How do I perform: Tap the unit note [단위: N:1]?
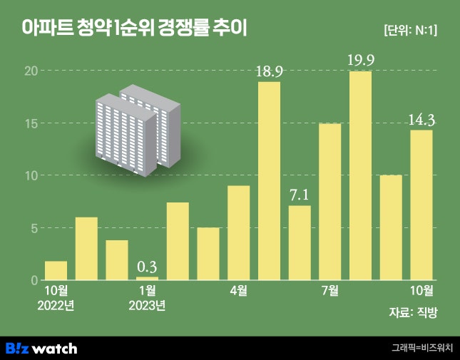click(410, 30)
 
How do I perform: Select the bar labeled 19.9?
click(361, 175)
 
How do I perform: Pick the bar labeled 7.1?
click(300, 242)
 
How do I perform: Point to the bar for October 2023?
click(421, 205)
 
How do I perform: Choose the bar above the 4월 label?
click(238, 232)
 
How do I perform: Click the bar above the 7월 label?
click(330, 202)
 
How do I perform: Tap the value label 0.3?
click(147, 267)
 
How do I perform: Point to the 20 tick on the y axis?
click(31, 71)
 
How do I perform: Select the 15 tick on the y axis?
click(31, 123)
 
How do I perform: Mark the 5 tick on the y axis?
click(33, 228)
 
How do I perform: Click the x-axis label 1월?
click(147, 291)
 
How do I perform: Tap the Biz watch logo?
click(41, 348)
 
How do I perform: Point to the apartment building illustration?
click(138, 128)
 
